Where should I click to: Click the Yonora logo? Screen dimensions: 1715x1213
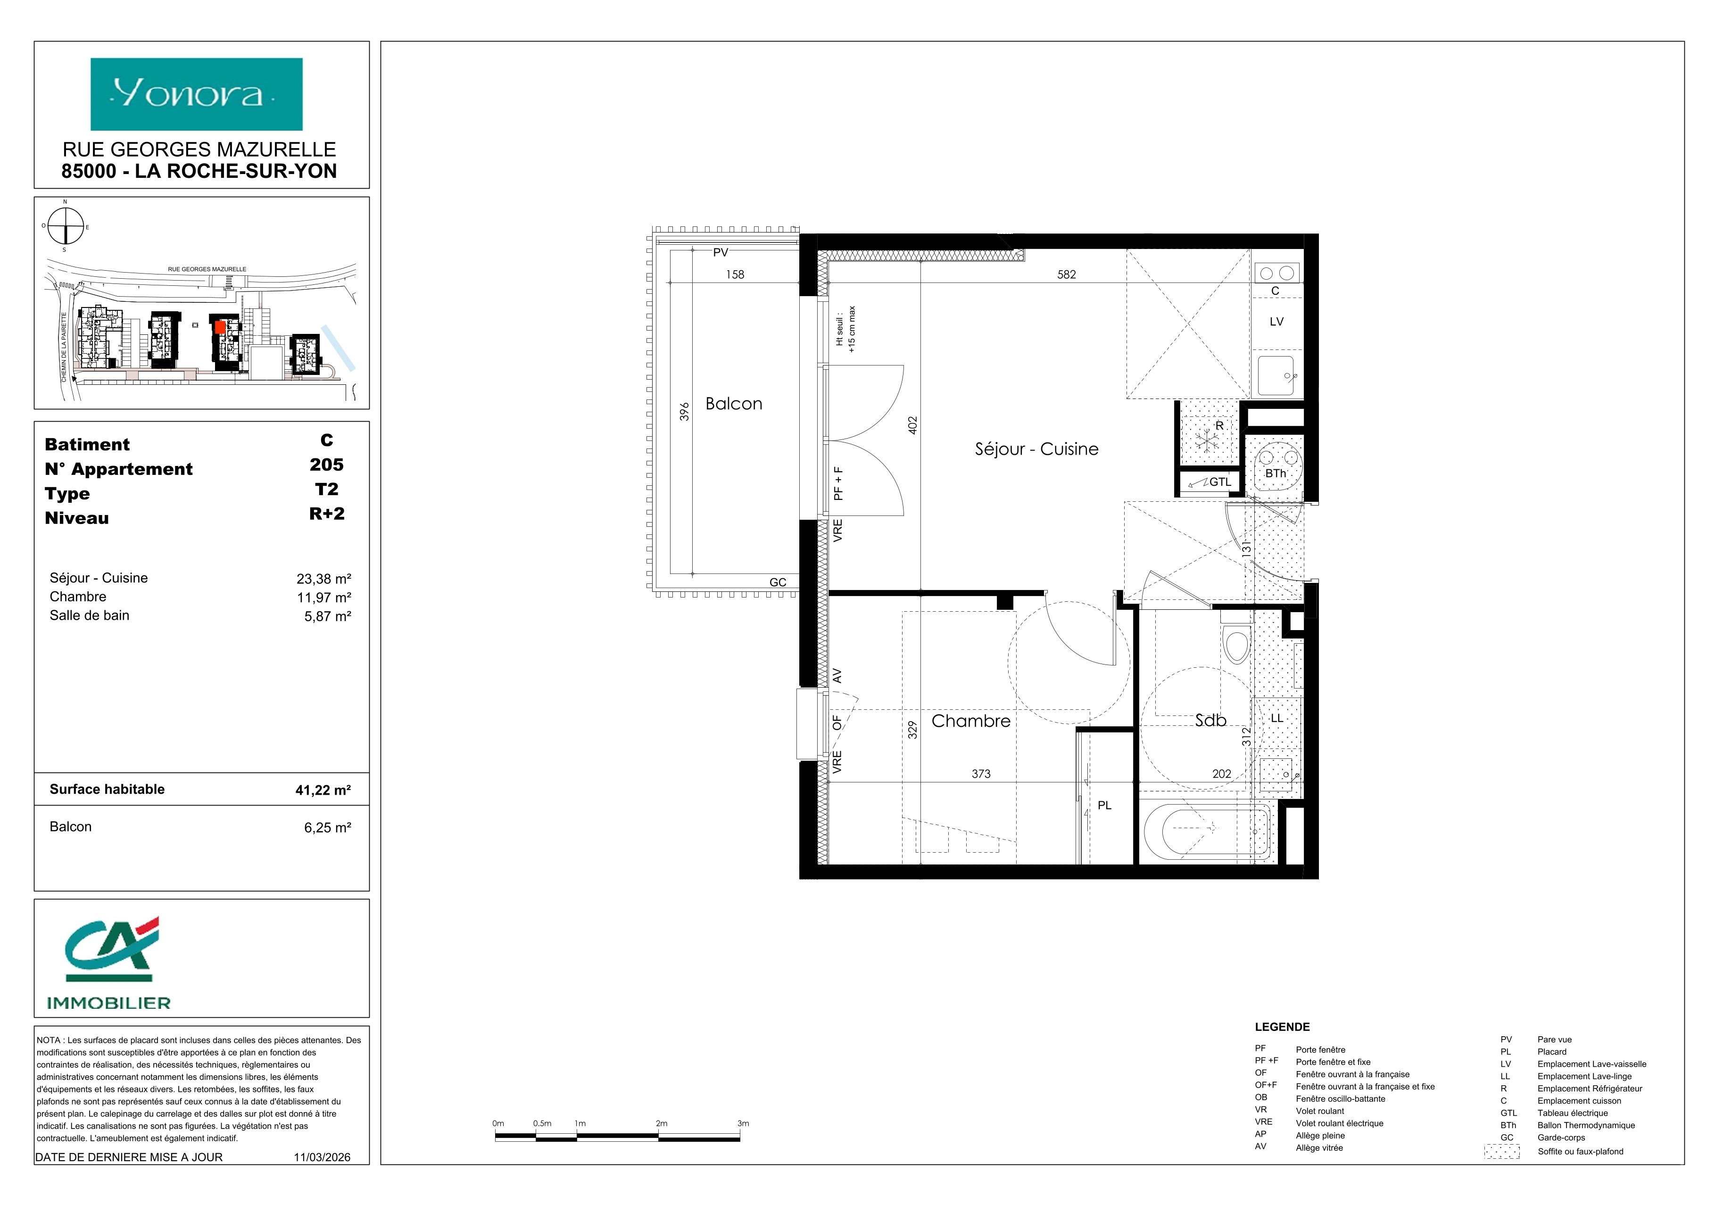tap(197, 94)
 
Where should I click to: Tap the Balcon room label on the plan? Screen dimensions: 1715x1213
tap(734, 404)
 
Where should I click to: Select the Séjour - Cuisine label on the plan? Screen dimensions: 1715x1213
tap(1037, 449)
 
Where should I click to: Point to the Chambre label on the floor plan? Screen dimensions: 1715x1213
tap(970, 721)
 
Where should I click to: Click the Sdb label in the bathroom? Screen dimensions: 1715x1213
tap(1211, 720)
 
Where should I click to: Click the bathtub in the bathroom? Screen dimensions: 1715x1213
tap(1206, 831)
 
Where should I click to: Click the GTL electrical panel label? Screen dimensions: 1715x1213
tap(1220, 482)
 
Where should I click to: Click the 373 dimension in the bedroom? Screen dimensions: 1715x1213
tap(981, 774)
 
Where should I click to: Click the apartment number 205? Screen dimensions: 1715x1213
tap(326, 465)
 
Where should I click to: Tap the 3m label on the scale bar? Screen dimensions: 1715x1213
tap(743, 1123)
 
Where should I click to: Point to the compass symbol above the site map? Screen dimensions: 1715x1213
tap(66, 225)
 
